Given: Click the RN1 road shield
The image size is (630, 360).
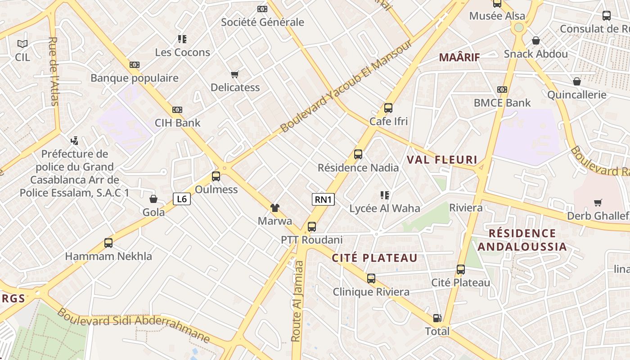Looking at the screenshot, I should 323,199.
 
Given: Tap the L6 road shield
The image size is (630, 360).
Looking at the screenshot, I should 182,199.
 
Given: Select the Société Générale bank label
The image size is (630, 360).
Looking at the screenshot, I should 262,22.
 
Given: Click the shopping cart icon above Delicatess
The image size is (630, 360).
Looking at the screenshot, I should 234,74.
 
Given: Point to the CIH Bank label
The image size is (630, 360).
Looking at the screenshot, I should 178,123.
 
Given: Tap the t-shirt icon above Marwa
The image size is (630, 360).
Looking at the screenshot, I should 274,207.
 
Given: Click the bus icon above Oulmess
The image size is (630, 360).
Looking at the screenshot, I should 216,176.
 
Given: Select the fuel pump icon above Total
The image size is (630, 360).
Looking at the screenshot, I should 437,318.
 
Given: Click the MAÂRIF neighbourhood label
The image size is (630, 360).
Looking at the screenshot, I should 459,58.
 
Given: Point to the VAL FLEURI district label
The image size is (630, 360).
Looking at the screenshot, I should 442,160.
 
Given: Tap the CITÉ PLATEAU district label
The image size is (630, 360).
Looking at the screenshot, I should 375,258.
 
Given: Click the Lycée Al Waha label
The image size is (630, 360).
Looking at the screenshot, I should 385,208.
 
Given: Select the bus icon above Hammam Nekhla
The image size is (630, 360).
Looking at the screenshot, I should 108,243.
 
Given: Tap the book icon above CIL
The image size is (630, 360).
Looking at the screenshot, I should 22,44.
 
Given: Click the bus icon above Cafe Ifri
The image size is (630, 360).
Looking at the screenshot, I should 388,108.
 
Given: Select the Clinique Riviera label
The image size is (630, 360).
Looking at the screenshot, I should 371,292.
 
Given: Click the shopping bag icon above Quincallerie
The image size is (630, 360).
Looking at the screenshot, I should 577,81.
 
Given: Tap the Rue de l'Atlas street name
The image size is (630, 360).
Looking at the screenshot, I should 53,71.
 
